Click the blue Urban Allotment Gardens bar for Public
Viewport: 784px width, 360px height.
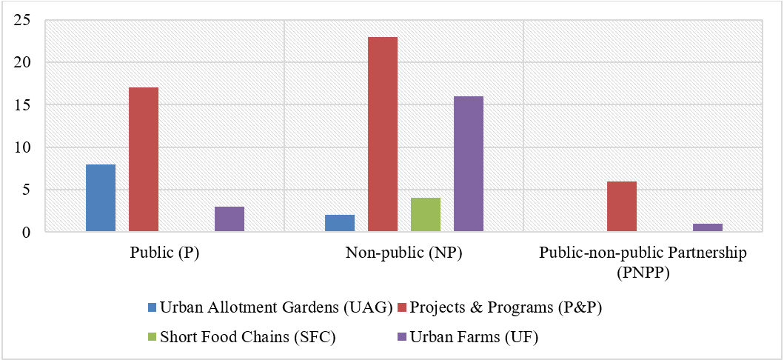point(101,198)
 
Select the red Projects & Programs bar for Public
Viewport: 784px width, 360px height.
point(144,159)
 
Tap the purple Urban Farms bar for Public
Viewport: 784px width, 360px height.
point(229,219)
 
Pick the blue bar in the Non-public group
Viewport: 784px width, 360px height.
point(340,223)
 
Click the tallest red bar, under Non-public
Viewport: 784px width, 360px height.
point(383,134)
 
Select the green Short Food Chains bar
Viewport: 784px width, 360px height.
point(426,215)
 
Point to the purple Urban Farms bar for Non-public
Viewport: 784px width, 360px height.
point(469,164)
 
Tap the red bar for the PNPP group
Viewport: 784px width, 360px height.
point(622,207)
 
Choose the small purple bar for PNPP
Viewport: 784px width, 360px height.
point(708,227)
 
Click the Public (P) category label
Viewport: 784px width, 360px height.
point(164,253)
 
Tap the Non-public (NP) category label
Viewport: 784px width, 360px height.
point(403,253)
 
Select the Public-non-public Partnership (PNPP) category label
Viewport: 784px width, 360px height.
point(643,261)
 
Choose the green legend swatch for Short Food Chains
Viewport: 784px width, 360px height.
point(153,338)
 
